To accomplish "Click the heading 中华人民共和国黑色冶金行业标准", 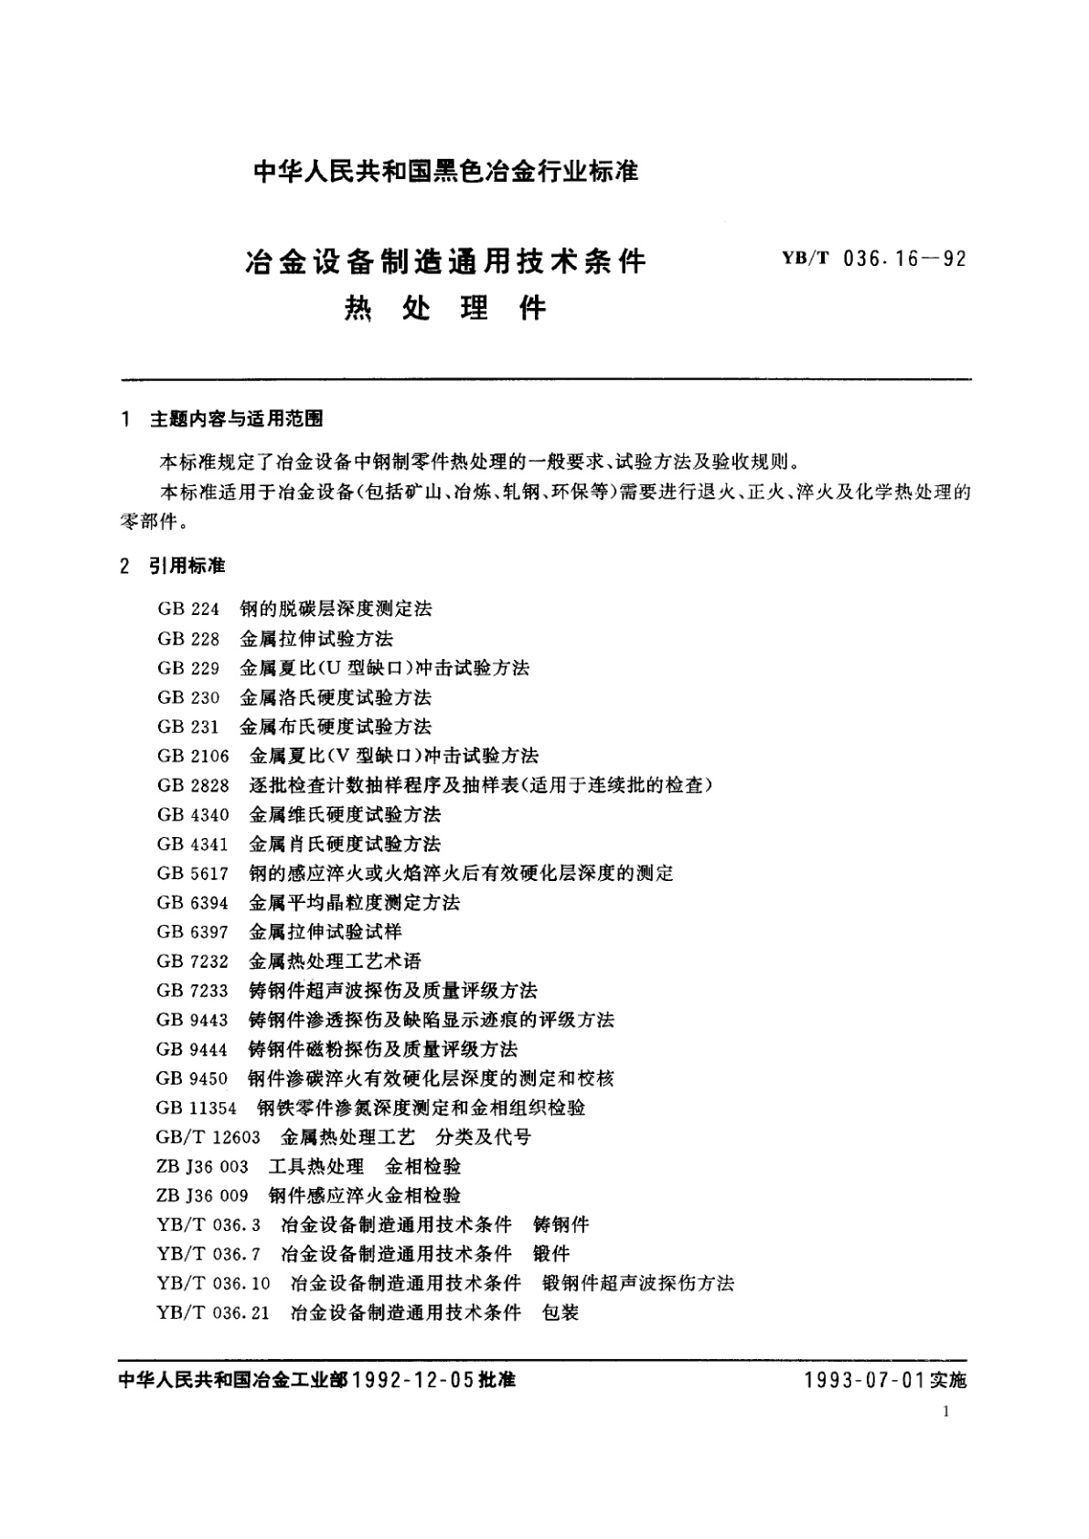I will (445, 172).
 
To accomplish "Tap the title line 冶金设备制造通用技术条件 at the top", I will (445, 262).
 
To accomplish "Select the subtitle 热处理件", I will (445, 309).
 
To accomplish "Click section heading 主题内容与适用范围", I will (236, 419).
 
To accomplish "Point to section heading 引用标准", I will (187, 567).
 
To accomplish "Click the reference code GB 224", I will (188, 610).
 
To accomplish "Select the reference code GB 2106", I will (193, 756).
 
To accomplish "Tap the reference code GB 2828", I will (193, 785).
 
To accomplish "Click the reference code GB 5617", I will (193, 873).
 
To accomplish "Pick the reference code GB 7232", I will (193, 961).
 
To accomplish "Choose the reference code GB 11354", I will (197, 1108).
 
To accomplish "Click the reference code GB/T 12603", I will (208, 1137).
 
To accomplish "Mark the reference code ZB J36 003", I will (203, 1166).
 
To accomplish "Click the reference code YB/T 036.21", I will (213, 1312).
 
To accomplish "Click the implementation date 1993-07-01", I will (866, 1380).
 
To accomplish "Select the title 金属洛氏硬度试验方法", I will (336, 697).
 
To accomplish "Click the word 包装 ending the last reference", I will (561, 1312).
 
